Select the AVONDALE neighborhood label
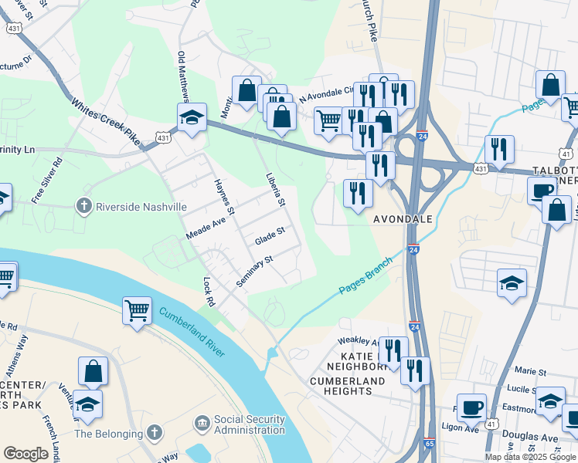[403, 219]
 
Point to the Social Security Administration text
[250, 425]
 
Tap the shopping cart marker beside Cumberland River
[137, 311]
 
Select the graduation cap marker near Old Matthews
[191, 118]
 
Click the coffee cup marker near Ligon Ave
[471, 407]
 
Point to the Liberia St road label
[272, 188]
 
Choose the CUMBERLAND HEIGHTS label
[347, 387]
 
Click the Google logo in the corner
[25, 454]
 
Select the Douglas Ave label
[541, 437]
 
